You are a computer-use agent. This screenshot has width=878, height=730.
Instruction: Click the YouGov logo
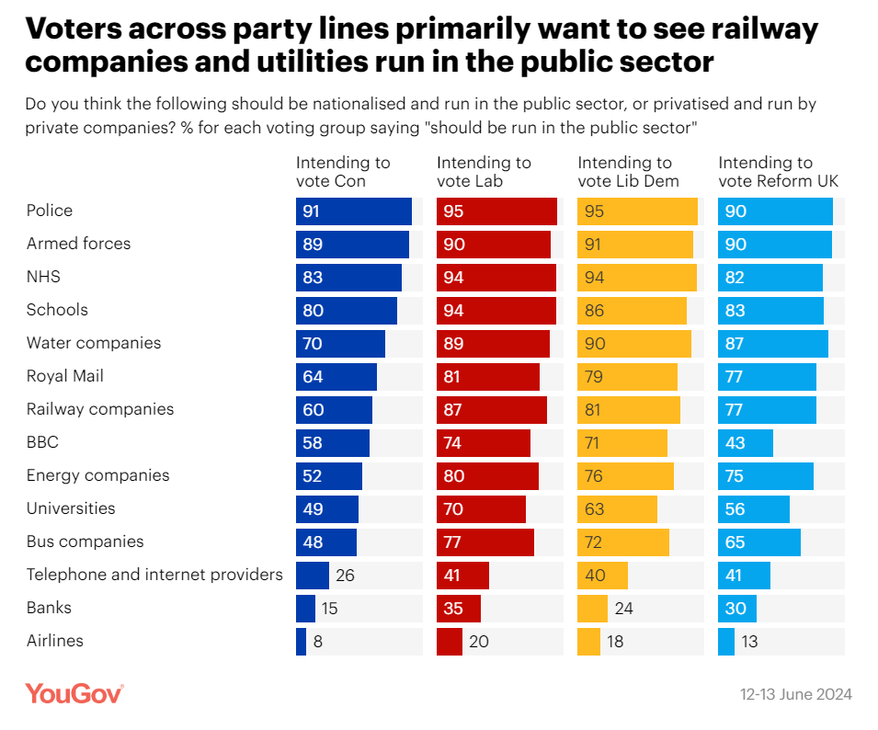[x=74, y=693]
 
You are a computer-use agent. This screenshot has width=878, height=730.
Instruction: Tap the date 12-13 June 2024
[x=796, y=694]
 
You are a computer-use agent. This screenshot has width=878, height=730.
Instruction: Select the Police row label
[x=50, y=211]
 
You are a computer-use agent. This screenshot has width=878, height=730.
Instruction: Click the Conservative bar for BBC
[x=332, y=442]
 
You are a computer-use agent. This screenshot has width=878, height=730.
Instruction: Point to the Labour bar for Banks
[x=458, y=608]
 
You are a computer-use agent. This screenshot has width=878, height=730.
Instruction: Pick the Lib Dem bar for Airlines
[x=588, y=641]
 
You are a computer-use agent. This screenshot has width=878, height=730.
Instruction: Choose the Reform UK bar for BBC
[x=745, y=442]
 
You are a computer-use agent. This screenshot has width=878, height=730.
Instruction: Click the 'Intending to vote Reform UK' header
[x=778, y=172]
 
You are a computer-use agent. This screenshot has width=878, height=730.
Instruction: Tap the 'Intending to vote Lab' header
[x=484, y=172]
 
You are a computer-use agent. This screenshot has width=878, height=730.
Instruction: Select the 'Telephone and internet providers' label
[x=154, y=575]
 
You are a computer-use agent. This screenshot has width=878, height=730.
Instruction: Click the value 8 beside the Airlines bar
[x=318, y=641]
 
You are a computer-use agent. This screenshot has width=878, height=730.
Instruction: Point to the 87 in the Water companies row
[x=735, y=343]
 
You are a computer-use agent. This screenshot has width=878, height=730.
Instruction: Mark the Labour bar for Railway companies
[x=491, y=409]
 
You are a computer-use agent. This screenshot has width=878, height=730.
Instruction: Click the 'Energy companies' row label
[x=97, y=475]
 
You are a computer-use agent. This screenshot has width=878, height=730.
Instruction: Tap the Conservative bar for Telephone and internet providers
[x=312, y=575]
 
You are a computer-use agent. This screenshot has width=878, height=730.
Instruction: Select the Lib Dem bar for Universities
[x=617, y=508]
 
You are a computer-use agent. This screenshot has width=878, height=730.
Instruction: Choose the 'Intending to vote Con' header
[x=343, y=172]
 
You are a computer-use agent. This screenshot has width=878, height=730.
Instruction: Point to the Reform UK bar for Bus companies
[x=758, y=542]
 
